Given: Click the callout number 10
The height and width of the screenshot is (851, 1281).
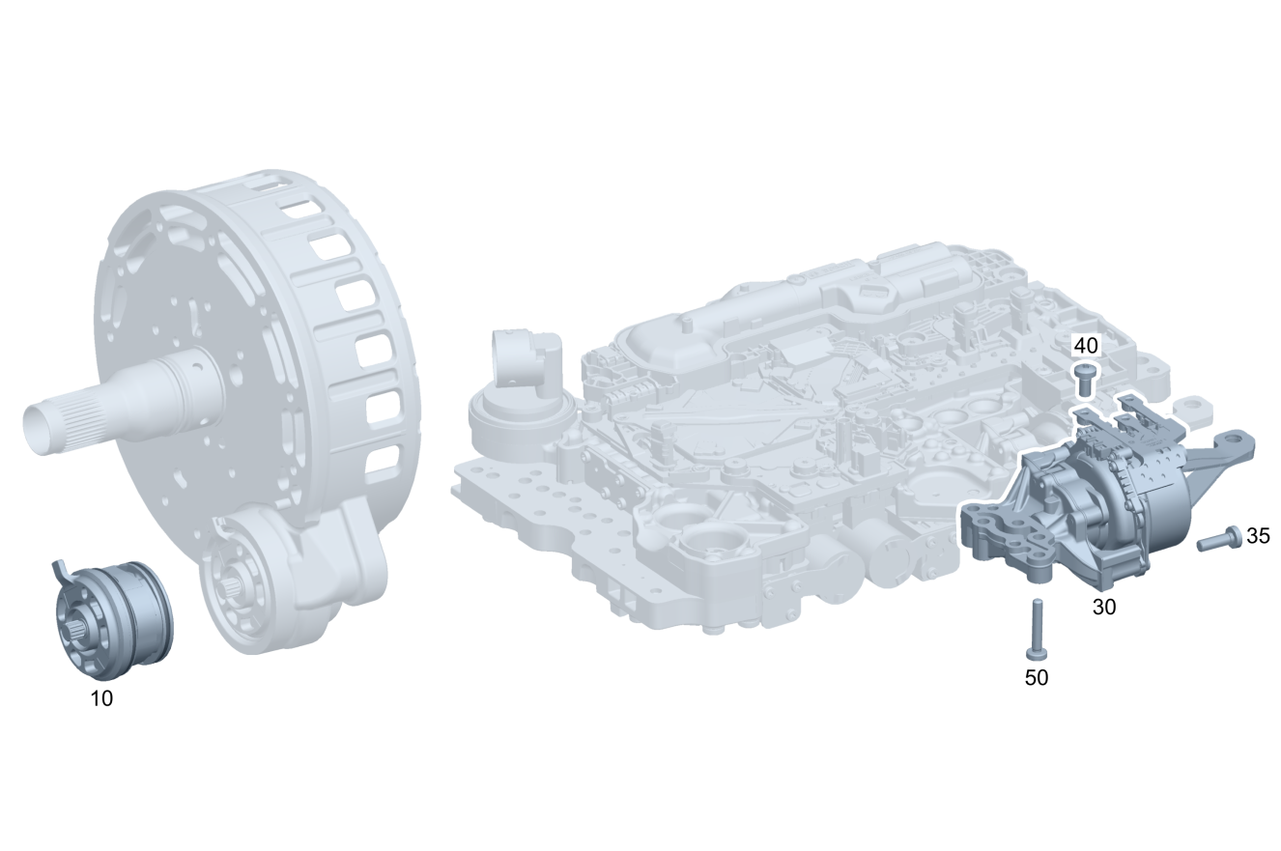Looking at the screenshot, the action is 101,698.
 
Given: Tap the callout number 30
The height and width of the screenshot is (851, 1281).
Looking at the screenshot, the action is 1103,608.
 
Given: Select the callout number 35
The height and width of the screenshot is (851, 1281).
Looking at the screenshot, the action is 1258,536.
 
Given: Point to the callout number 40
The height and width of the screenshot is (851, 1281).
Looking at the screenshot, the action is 1086,346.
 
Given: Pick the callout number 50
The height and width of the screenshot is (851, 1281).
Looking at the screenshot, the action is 1037,678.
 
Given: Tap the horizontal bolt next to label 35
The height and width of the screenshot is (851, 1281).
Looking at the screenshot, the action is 1218,539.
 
